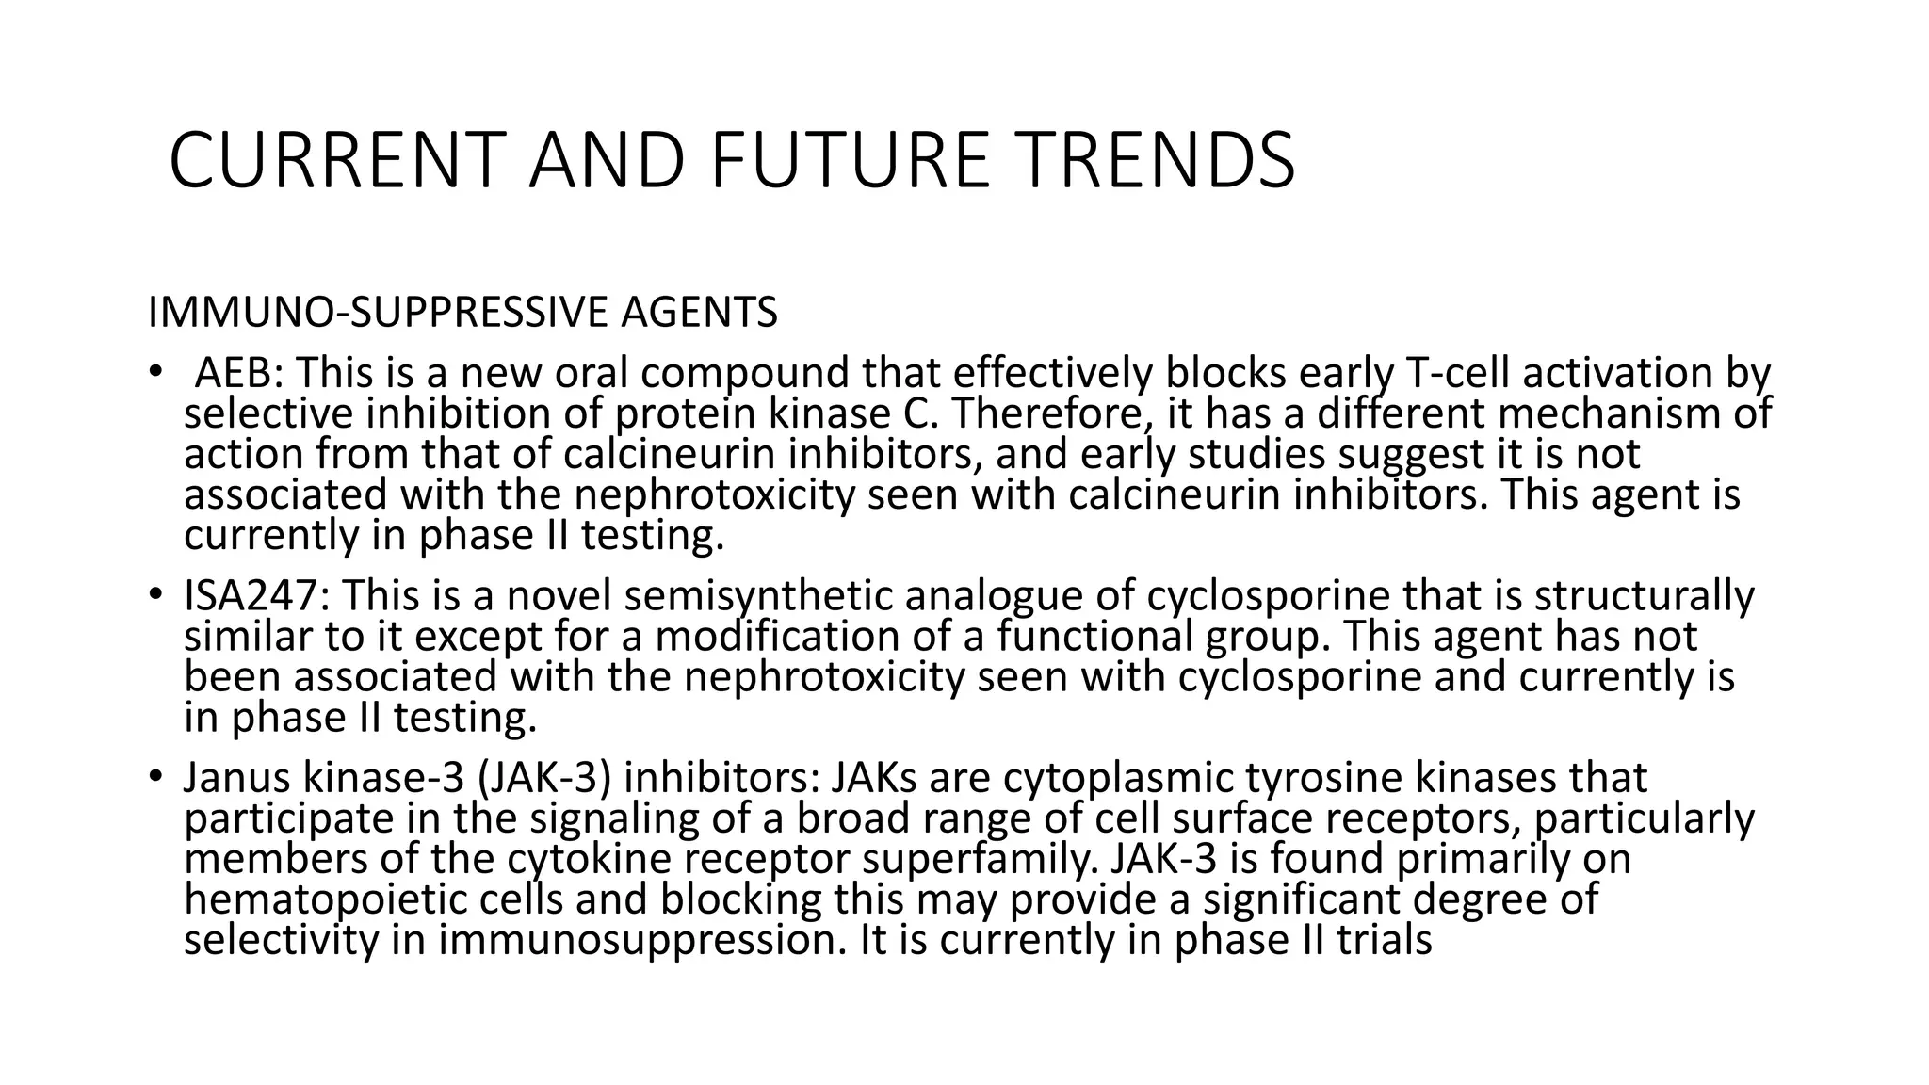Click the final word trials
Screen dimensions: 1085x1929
(1386, 940)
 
